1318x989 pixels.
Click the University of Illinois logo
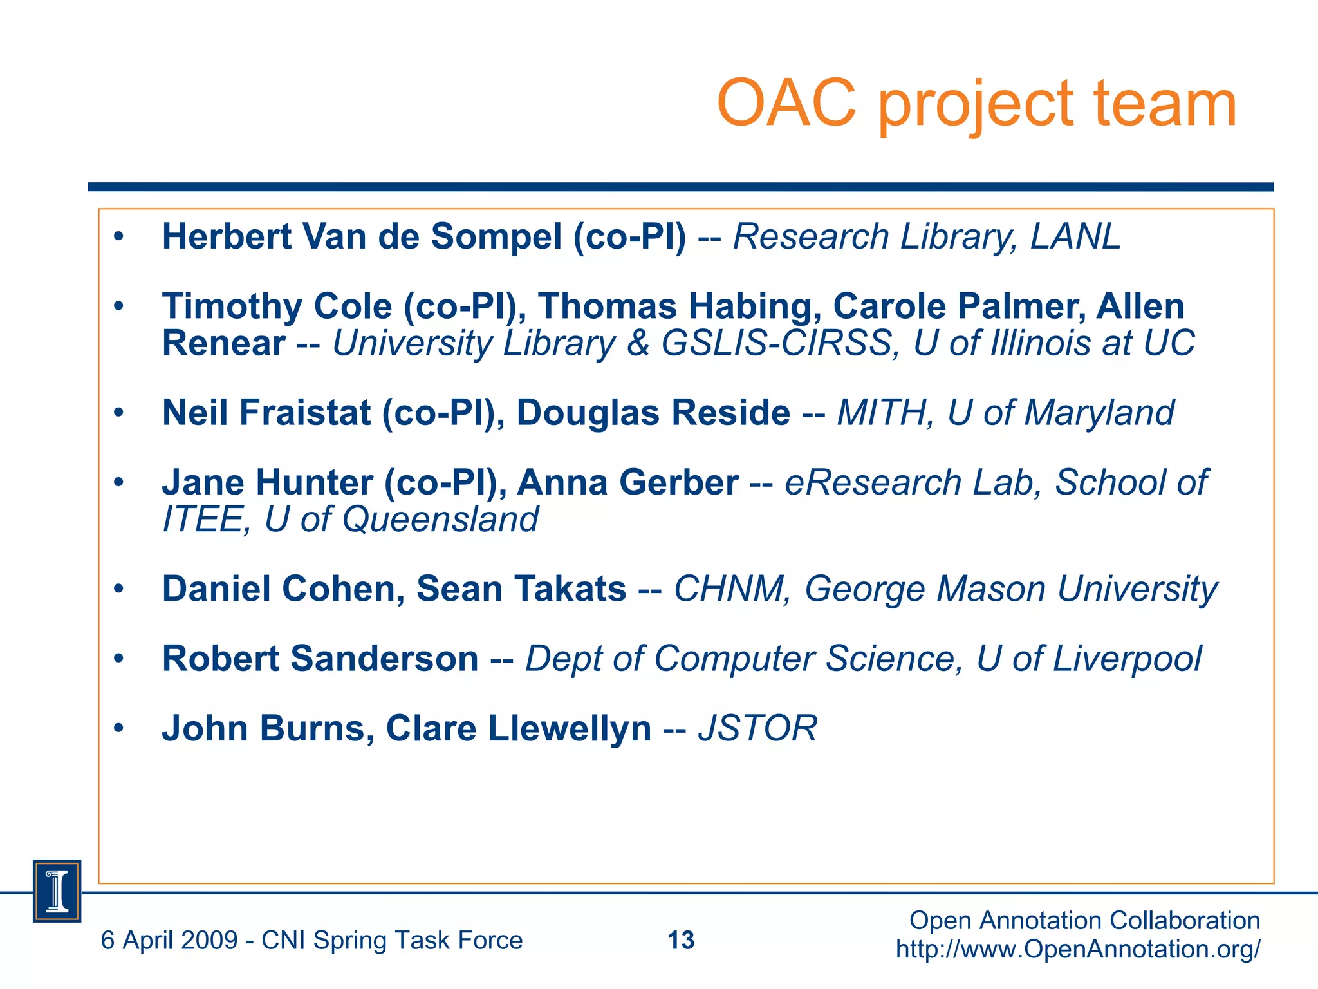tap(57, 891)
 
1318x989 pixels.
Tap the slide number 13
tap(681, 941)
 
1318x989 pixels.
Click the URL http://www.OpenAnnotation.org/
tap(1078, 949)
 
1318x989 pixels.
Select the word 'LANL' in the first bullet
tap(1075, 236)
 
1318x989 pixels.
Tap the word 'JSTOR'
tap(757, 728)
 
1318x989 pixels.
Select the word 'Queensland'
tap(440, 520)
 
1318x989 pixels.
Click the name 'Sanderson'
tap(384, 659)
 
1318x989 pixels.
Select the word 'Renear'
tap(223, 343)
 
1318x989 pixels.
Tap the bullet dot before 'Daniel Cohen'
tap(118, 589)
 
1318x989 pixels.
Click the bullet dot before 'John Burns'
tap(118, 728)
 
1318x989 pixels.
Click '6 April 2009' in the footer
tap(169, 941)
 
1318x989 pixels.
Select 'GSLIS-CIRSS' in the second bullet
tap(776, 343)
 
